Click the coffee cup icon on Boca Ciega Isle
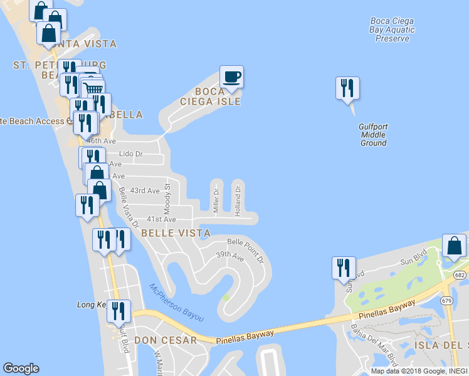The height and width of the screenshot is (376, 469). pos(231,77)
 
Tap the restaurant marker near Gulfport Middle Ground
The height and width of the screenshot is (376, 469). pos(347,88)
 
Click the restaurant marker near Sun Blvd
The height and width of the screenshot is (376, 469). pos(344,268)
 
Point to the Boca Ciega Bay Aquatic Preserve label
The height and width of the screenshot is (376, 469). pos(393,29)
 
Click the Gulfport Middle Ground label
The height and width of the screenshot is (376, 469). pos(373,135)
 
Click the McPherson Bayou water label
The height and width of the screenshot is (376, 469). pos(177,303)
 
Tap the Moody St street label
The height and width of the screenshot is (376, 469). pos(167,196)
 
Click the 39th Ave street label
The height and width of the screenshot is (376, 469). pos(229,256)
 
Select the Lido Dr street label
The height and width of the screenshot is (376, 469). pos(131,154)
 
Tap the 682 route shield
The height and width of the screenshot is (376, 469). pos(461,275)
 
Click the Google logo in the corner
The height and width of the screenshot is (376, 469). pos(21,368)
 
